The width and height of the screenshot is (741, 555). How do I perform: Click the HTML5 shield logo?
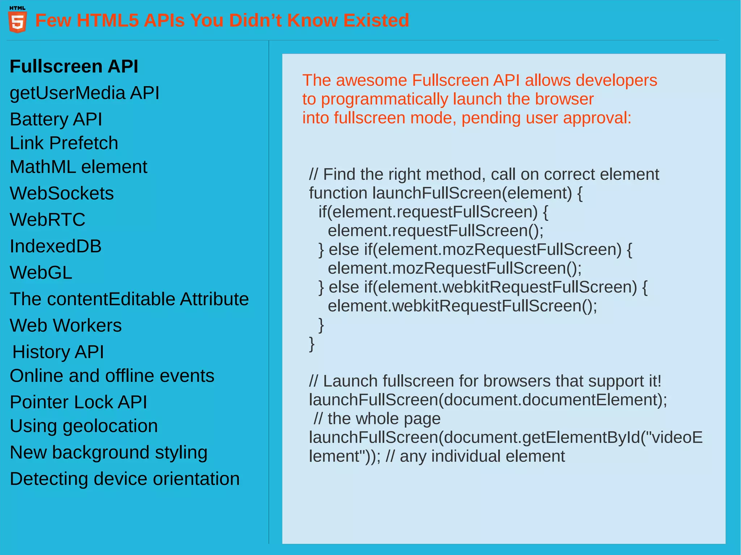[17, 21]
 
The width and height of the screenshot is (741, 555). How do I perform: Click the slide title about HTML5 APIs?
[222, 20]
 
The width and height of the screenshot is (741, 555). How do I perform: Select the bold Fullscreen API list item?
[74, 67]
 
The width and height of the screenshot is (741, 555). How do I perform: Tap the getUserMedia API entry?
[84, 93]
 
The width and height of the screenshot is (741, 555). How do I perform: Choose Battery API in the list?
[56, 119]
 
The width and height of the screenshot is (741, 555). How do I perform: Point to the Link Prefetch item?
[64, 143]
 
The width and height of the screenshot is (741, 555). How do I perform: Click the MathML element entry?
[79, 167]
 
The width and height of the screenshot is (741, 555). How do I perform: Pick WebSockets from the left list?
[62, 193]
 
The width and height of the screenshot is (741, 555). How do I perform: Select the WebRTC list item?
[48, 220]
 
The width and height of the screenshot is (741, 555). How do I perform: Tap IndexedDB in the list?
[56, 246]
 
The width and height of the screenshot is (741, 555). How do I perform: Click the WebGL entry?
[41, 273]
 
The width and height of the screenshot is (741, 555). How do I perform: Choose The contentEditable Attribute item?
[129, 299]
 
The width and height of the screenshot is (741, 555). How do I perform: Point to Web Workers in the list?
[66, 325]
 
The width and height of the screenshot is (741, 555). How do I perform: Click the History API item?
[58, 352]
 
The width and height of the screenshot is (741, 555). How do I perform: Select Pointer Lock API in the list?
[79, 402]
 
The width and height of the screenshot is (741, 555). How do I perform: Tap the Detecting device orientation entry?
[125, 479]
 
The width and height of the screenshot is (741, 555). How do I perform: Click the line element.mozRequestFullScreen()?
[454, 268]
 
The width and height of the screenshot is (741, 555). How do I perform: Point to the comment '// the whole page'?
[377, 419]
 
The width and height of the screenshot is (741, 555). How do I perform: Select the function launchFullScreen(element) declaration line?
[445, 193]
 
